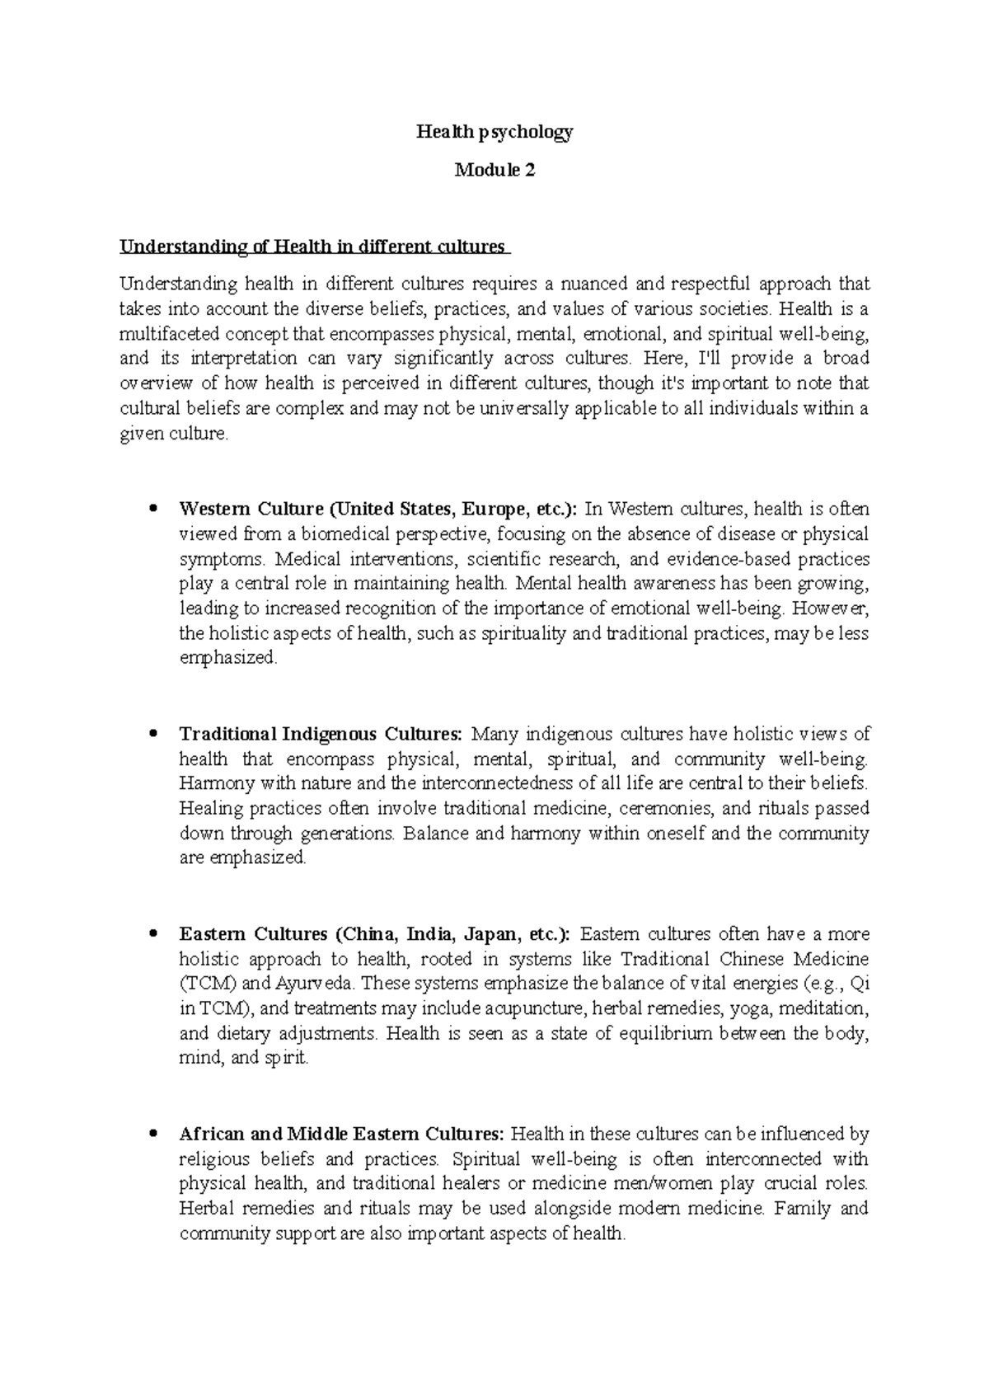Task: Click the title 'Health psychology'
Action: [494, 132]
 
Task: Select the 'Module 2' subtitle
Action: [494, 171]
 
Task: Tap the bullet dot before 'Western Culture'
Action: [150, 510]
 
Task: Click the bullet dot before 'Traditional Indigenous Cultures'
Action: [150, 734]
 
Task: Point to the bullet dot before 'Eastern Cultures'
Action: [150, 934]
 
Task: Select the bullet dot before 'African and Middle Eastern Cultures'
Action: [150, 1135]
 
